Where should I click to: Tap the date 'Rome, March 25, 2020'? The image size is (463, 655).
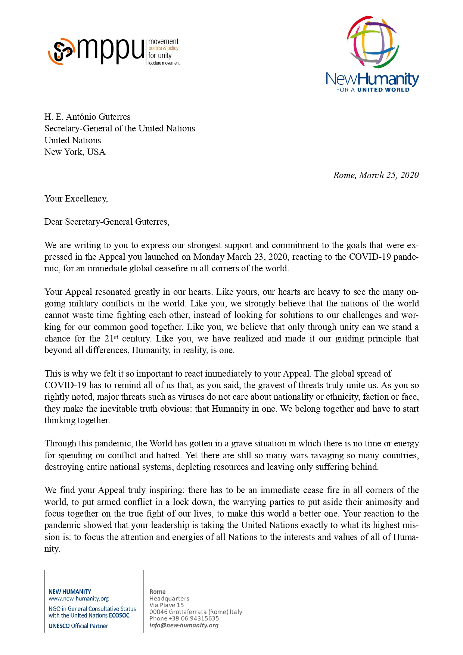(x=376, y=175)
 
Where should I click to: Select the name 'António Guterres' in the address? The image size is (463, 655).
(x=98, y=117)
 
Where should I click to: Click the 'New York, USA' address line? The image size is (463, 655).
(x=75, y=152)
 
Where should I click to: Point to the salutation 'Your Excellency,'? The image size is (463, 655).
(x=76, y=199)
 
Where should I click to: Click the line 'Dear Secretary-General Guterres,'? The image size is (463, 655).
(x=107, y=222)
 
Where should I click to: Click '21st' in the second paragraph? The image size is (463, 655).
(x=111, y=339)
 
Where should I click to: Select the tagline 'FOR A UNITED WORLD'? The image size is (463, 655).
(x=373, y=90)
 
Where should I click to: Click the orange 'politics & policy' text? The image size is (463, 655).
(x=164, y=48)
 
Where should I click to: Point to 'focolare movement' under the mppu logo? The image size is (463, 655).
(x=164, y=63)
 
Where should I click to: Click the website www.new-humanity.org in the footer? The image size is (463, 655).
(x=78, y=598)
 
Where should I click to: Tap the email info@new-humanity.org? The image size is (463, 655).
(x=184, y=625)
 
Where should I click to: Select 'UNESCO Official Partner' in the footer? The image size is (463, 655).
(x=78, y=626)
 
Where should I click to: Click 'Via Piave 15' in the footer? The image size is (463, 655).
(x=167, y=605)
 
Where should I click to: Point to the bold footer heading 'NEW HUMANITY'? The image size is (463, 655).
(x=70, y=592)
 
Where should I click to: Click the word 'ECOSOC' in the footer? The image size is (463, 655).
(x=119, y=615)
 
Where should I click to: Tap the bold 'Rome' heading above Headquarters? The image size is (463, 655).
(x=157, y=592)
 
